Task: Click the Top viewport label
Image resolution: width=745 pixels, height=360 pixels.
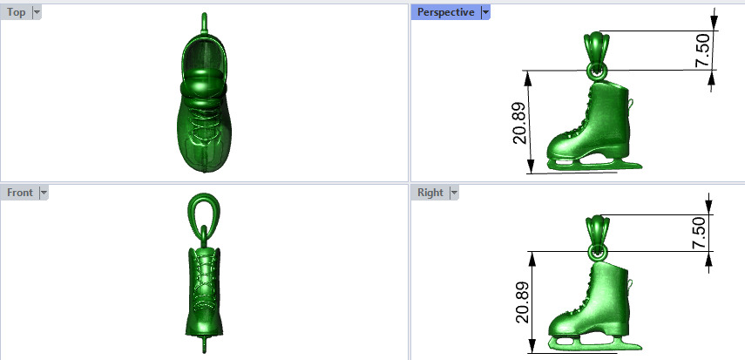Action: click(x=17, y=12)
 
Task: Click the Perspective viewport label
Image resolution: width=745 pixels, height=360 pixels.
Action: click(x=445, y=12)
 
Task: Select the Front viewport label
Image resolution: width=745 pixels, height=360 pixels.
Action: click(x=20, y=193)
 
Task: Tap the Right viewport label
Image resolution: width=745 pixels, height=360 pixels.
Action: click(x=430, y=193)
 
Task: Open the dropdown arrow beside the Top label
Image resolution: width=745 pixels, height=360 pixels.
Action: click(x=36, y=12)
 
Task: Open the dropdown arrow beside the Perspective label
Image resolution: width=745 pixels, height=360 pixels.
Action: click(x=485, y=12)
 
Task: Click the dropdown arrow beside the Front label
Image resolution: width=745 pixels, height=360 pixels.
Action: click(x=44, y=193)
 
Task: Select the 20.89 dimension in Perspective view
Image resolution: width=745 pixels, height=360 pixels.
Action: click(x=519, y=122)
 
